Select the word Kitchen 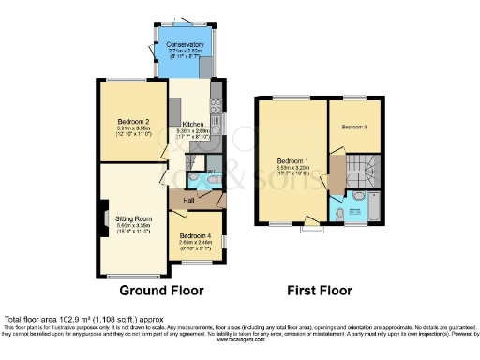193,123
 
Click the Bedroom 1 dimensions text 287,172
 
